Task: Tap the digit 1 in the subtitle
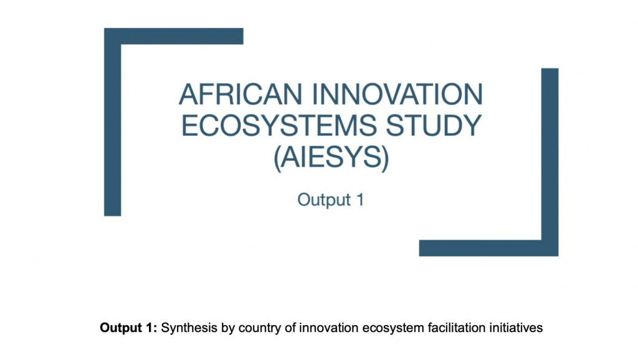[x=359, y=201]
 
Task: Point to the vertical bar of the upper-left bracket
[x=112, y=125]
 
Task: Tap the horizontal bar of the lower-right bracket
[x=480, y=248]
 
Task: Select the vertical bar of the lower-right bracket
[x=550, y=156]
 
